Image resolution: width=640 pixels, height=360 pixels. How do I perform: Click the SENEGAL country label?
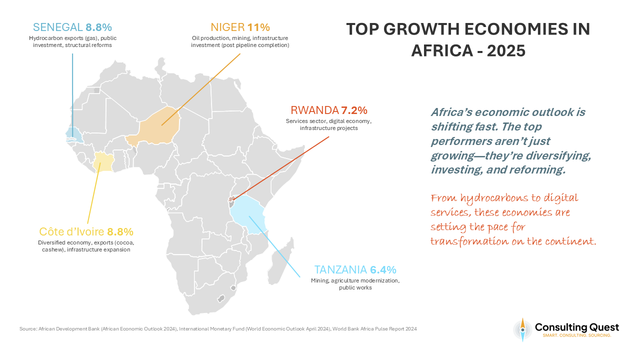(58, 27)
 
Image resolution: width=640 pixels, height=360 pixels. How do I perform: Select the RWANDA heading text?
(314, 110)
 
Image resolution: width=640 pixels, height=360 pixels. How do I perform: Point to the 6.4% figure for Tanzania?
(383, 270)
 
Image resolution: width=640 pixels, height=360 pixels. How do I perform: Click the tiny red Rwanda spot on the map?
(231, 199)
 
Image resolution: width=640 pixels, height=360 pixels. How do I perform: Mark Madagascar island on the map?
(282, 260)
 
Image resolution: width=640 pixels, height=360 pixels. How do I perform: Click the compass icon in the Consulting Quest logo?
(522, 329)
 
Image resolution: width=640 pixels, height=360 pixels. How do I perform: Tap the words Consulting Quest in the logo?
(576, 327)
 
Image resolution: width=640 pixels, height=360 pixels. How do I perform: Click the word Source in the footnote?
(27, 328)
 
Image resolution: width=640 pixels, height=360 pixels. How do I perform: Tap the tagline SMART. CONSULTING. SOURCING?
(576, 335)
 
